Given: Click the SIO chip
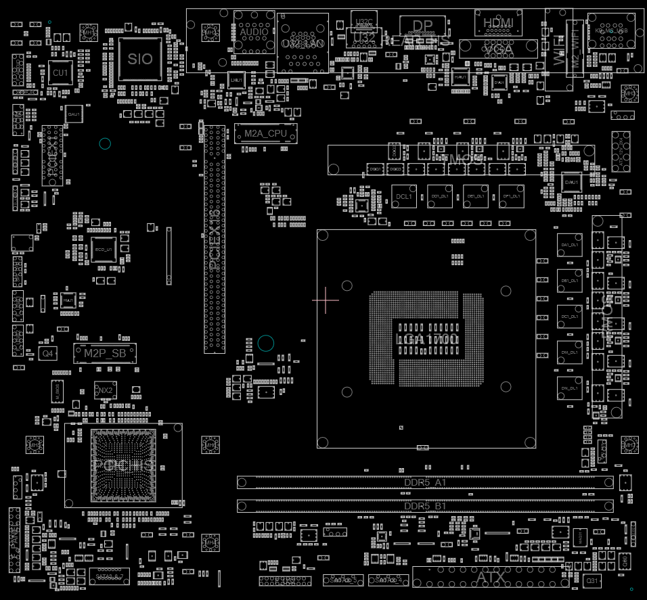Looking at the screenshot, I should click(140, 59).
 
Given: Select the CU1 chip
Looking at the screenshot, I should click(60, 72).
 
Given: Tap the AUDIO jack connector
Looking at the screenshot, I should click(254, 31).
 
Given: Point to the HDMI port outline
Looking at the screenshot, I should click(498, 23).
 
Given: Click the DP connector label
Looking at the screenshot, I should click(422, 26).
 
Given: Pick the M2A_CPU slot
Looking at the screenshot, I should click(265, 133).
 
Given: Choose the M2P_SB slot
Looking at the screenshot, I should click(105, 352).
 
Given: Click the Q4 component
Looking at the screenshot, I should click(47, 354).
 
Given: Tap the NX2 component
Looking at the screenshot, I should click(105, 391).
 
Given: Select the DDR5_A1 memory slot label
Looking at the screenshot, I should click(424, 482).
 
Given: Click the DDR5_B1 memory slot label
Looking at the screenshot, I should click(424, 506).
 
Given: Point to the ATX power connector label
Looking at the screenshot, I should click(490, 578).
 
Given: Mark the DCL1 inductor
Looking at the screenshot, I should click(404, 197).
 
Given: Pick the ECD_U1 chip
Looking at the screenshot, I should click(104, 249).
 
